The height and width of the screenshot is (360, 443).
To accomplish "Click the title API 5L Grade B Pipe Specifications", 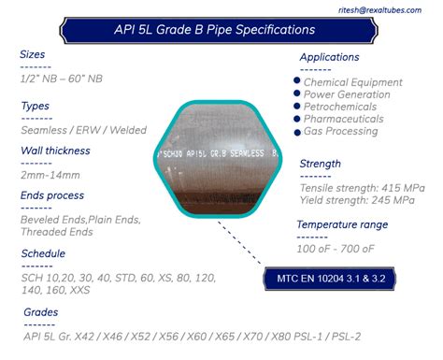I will [221, 30].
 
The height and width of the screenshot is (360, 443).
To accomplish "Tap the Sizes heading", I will [33, 54].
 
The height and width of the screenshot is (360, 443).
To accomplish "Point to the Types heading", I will [35, 107].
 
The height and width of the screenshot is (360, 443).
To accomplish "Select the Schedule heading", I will [43, 253].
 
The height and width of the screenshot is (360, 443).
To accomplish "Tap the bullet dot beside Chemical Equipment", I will [297, 82].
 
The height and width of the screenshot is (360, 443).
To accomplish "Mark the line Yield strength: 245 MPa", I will [357, 199].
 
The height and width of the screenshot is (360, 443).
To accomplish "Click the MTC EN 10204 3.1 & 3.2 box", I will [338, 278].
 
